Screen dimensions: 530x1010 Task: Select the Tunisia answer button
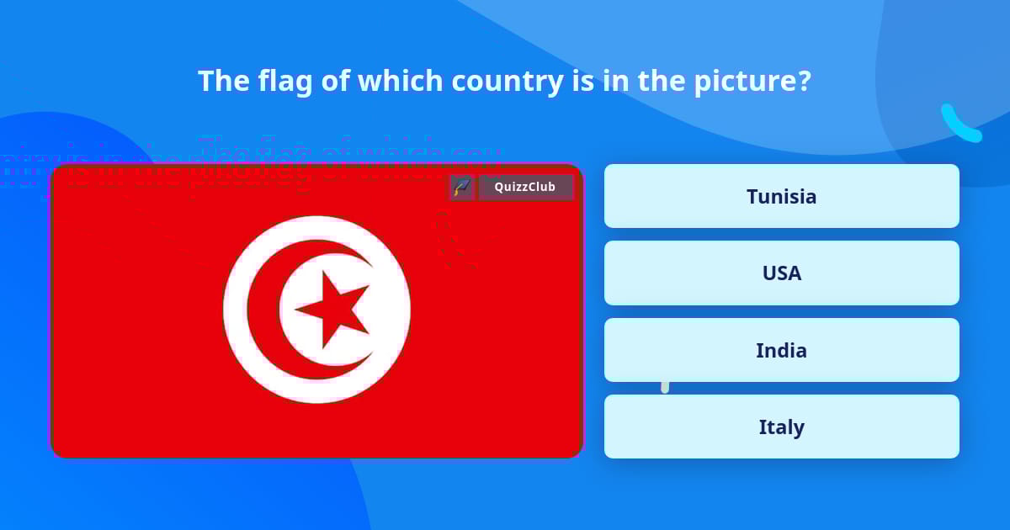click(x=781, y=196)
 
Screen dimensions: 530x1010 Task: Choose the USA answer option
click(x=781, y=273)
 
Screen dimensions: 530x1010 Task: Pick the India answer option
click(x=781, y=350)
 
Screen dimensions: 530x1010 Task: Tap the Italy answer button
click(x=781, y=427)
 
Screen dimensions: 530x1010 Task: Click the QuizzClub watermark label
click(x=525, y=187)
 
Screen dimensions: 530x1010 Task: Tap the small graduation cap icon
click(x=461, y=187)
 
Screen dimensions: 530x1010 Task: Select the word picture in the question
click(x=745, y=81)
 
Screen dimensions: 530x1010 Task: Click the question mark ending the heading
click(x=804, y=81)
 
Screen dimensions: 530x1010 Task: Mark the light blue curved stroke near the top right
click(x=959, y=124)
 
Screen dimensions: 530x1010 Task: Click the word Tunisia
click(x=781, y=196)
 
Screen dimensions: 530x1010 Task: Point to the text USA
click(x=781, y=273)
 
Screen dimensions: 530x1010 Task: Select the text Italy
click(x=781, y=427)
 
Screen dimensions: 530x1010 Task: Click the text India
click(x=781, y=350)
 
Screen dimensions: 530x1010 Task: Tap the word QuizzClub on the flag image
click(x=525, y=187)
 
